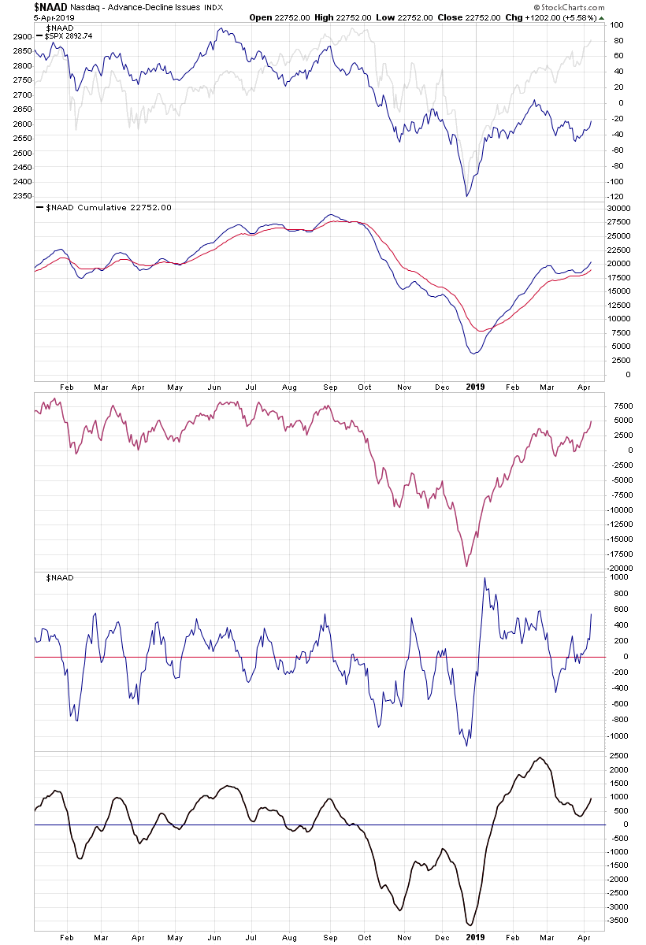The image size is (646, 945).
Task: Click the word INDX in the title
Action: pyautogui.click(x=210, y=7)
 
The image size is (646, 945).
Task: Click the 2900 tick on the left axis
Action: pyautogui.click(x=21, y=37)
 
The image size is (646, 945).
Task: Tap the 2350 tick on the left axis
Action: pyautogui.click(x=21, y=195)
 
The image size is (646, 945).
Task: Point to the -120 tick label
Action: pyautogui.click(x=617, y=196)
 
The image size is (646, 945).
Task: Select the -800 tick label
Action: pyautogui.click(x=618, y=720)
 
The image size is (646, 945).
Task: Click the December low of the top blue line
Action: pyautogui.click(x=467, y=196)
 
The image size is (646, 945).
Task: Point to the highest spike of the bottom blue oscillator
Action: pyautogui.click(x=484, y=578)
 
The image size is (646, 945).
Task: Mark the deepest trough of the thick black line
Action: pyautogui.click(x=470, y=925)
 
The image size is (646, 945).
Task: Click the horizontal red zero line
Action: pyautogui.click(x=236, y=657)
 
